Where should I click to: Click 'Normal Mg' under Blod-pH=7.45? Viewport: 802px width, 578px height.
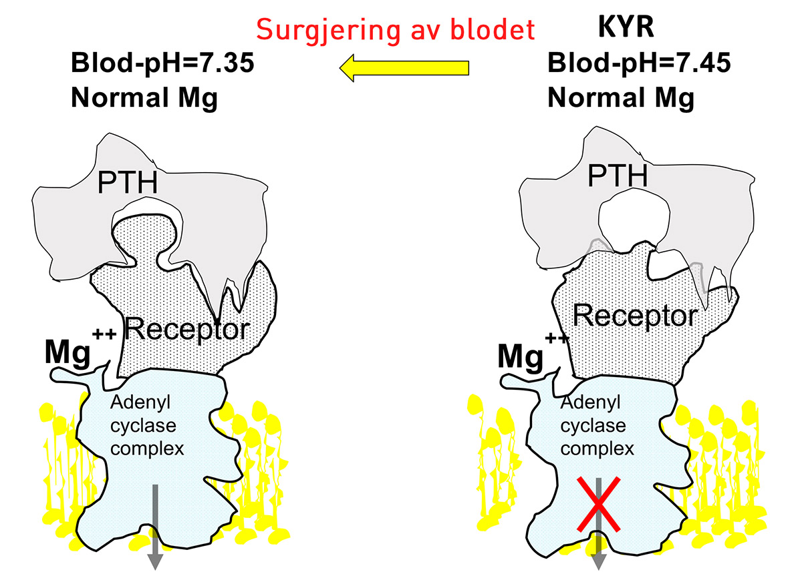point(621,98)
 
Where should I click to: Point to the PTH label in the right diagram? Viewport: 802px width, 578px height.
point(618,177)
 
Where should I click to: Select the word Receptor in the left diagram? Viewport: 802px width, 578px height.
point(187,328)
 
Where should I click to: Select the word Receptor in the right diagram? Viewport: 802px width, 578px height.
point(634,315)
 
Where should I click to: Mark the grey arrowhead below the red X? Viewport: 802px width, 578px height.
point(599,559)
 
